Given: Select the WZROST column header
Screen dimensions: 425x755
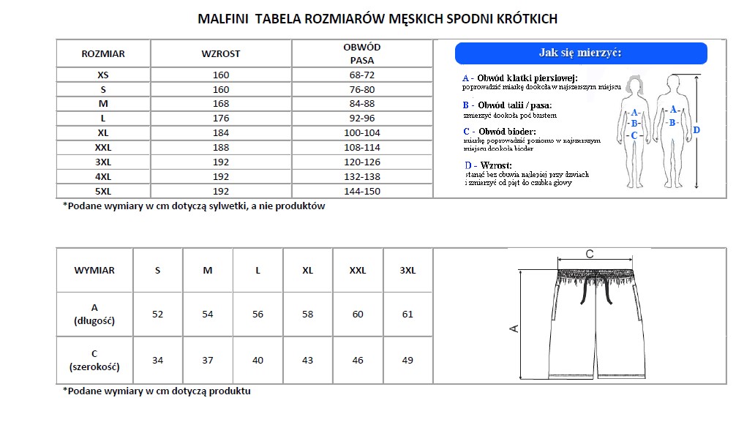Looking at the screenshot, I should pyautogui.click(x=221, y=53).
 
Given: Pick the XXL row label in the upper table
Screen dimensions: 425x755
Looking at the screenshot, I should pyautogui.click(x=103, y=147).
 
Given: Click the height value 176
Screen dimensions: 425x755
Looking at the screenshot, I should pyautogui.click(x=221, y=118).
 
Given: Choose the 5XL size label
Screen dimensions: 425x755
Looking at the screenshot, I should pyautogui.click(x=103, y=191).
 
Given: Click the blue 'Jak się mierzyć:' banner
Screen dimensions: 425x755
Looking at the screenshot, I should pyautogui.click(x=581, y=53).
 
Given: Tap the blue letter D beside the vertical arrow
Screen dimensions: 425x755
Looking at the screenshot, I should pyautogui.click(x=696, y=130).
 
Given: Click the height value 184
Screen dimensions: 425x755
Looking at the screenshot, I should pyautogui.click(x=221, y=132).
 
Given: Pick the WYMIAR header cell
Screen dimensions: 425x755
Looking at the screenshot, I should pyautogui.click(x=94, y=270).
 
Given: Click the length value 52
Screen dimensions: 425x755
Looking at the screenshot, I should pyautogui.click(x=158, y=314).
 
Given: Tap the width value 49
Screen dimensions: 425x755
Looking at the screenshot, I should pyautogui.click(x=407, y=360).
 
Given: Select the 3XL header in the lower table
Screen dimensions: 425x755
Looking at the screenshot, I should pyautogui.click(x=407, y=270).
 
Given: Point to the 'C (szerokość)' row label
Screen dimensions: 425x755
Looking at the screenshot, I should pyautogui.click(x=94, y=360).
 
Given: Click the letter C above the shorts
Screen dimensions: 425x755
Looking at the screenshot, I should pyautogui.click(x=590, y=254).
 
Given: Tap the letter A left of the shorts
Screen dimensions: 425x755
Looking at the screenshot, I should pyautogui.click(x=514, y=328).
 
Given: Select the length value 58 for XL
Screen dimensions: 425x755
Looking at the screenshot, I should pyautogui.click(x=307, y=314).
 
